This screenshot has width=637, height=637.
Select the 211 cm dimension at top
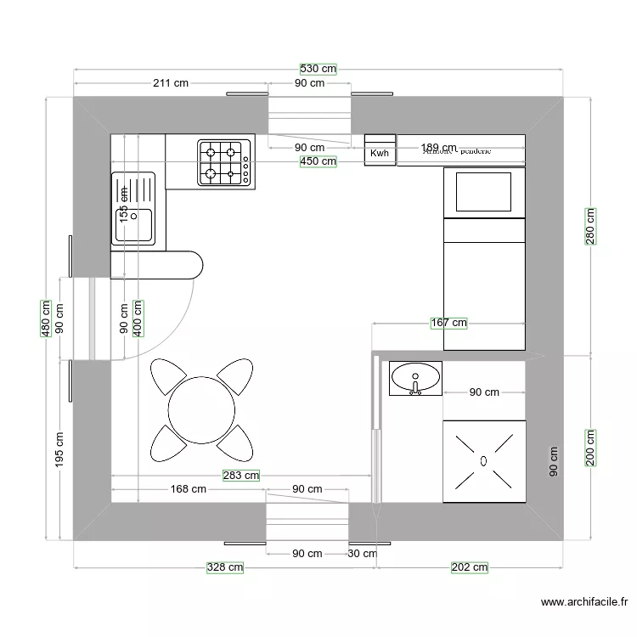click(x=171, y=83)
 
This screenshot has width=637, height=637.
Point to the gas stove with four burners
click(x=226, y=162)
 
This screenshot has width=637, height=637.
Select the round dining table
click(x=202, y=409)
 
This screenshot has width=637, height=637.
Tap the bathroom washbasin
click(x=415, y=375)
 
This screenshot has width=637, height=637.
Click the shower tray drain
click(x=483, y=461)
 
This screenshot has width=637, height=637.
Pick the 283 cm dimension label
click(x=240, y=476)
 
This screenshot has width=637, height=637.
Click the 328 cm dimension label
click(x=225, y=567)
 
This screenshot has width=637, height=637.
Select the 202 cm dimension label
click(x=469, y=567)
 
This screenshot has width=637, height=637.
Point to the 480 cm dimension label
click(x=47, y=319)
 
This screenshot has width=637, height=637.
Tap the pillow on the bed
click(x=484, y=192)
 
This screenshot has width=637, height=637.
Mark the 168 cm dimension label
click(x=188, y=489)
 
